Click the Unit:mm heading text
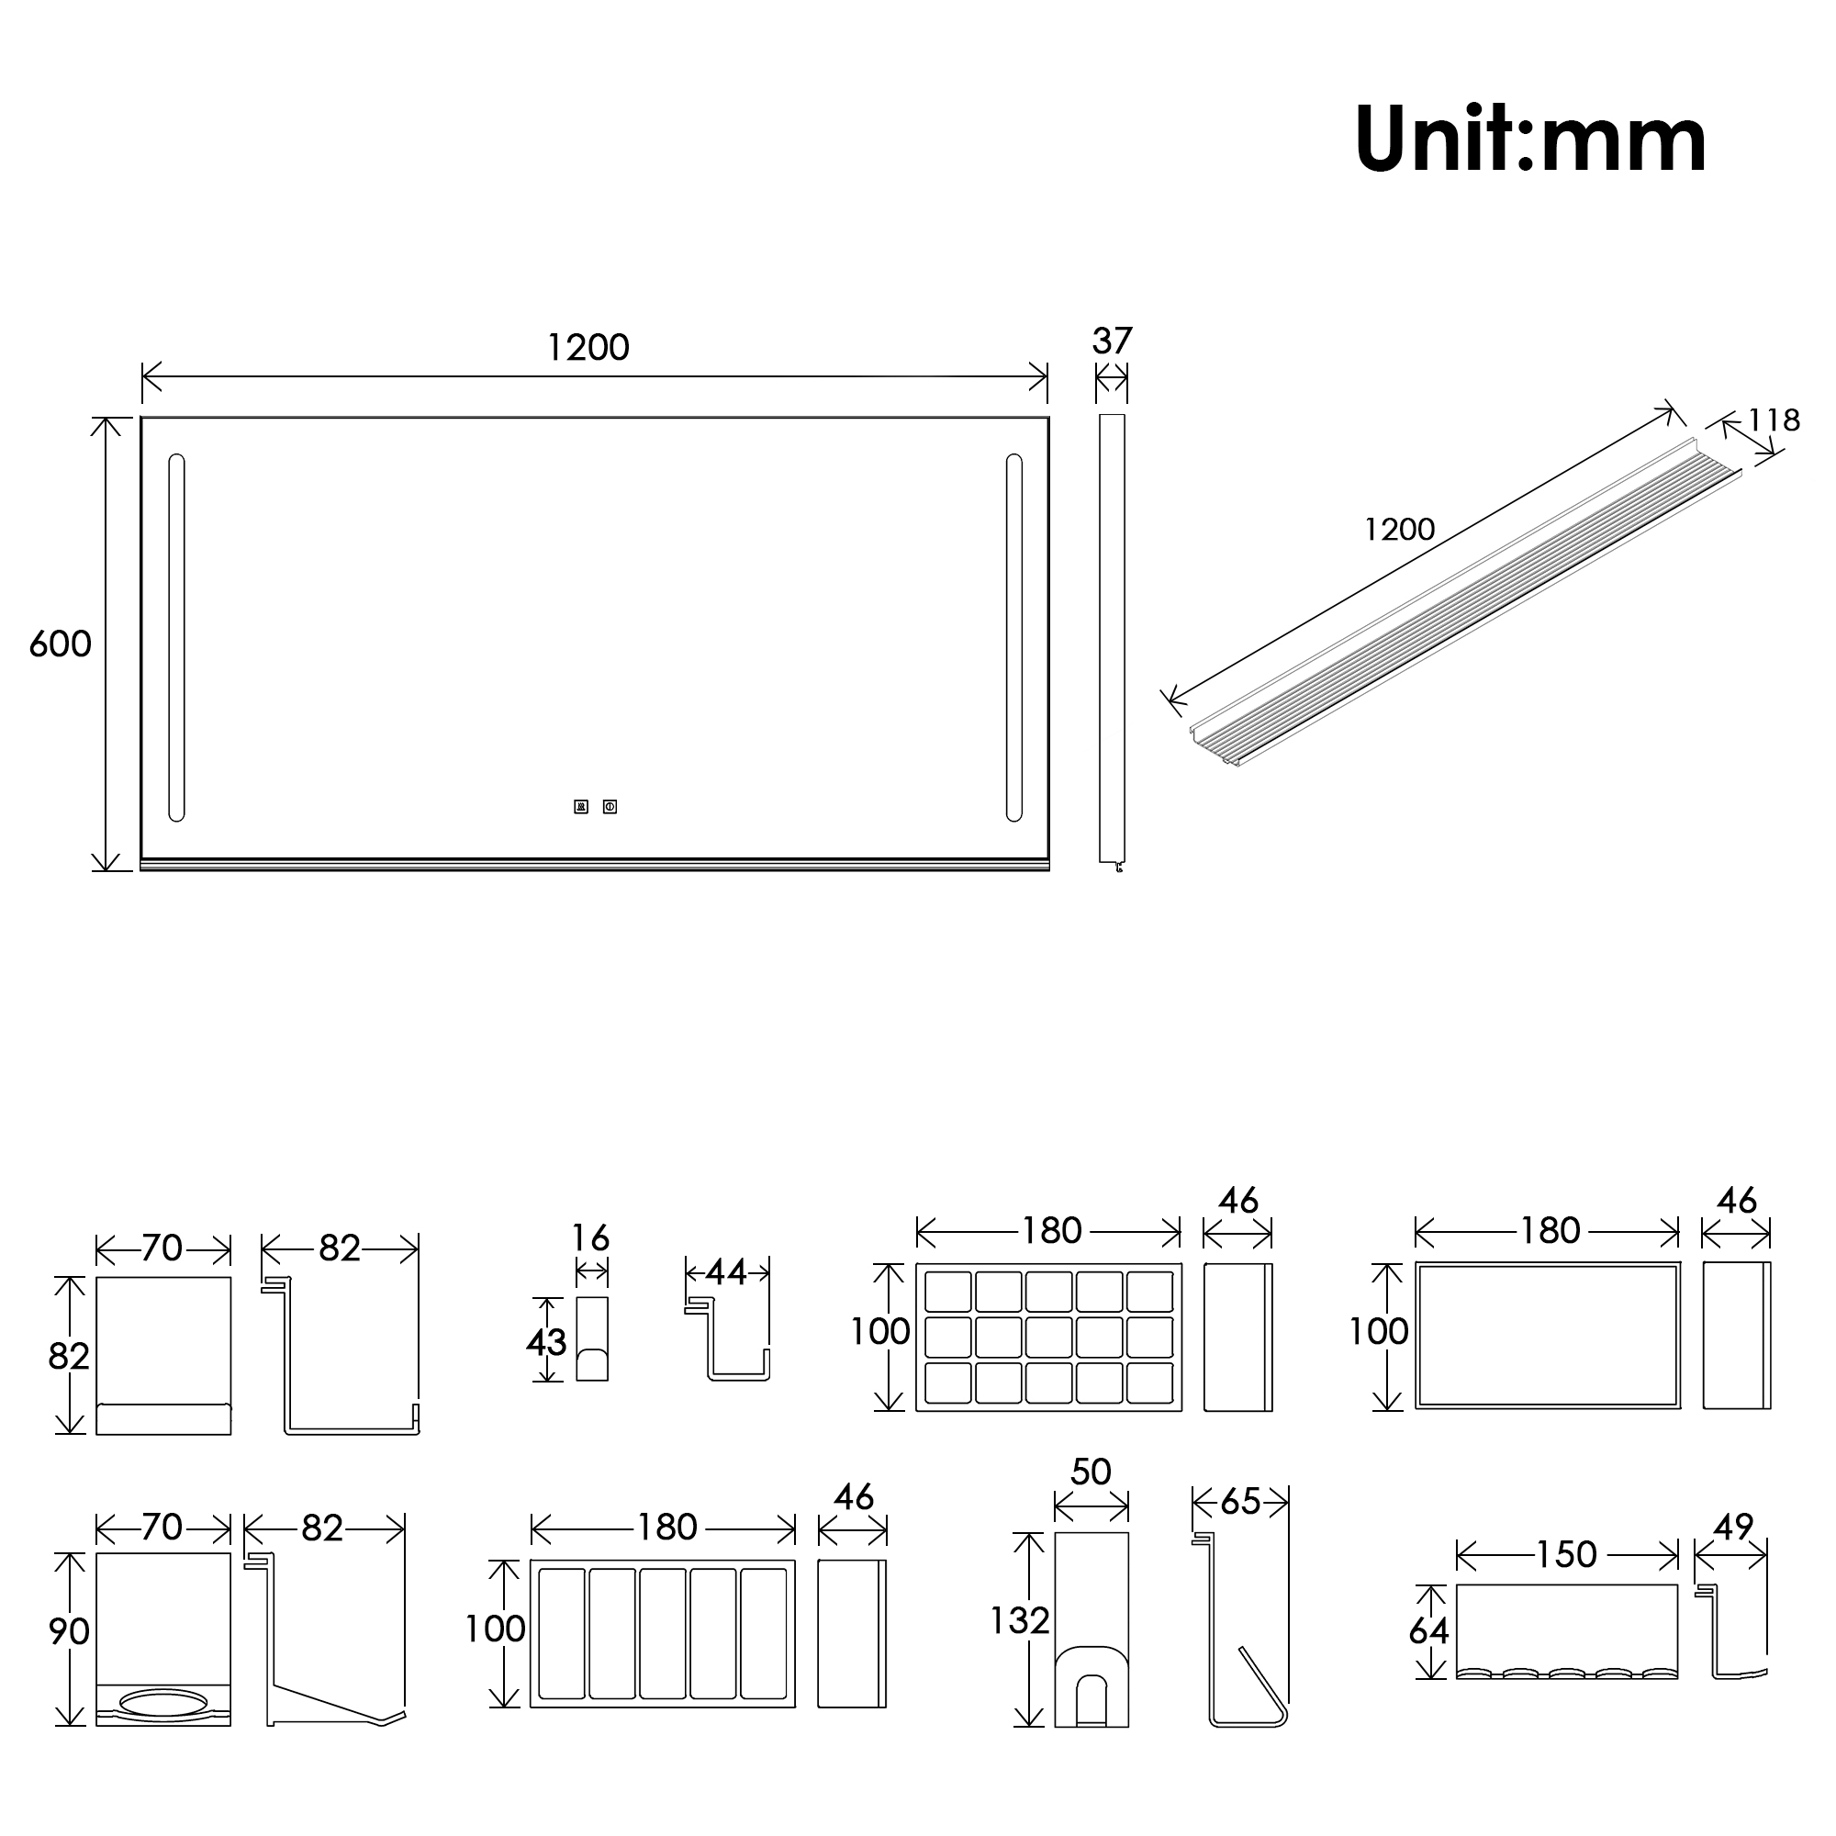1530,140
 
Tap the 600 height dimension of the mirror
60,644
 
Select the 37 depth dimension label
1112,341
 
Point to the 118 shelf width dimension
1774,420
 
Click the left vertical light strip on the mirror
176,638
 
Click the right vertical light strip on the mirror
1014,638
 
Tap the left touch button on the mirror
581,807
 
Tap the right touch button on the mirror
610,807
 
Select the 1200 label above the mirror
588,348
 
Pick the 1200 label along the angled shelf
1399,530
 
